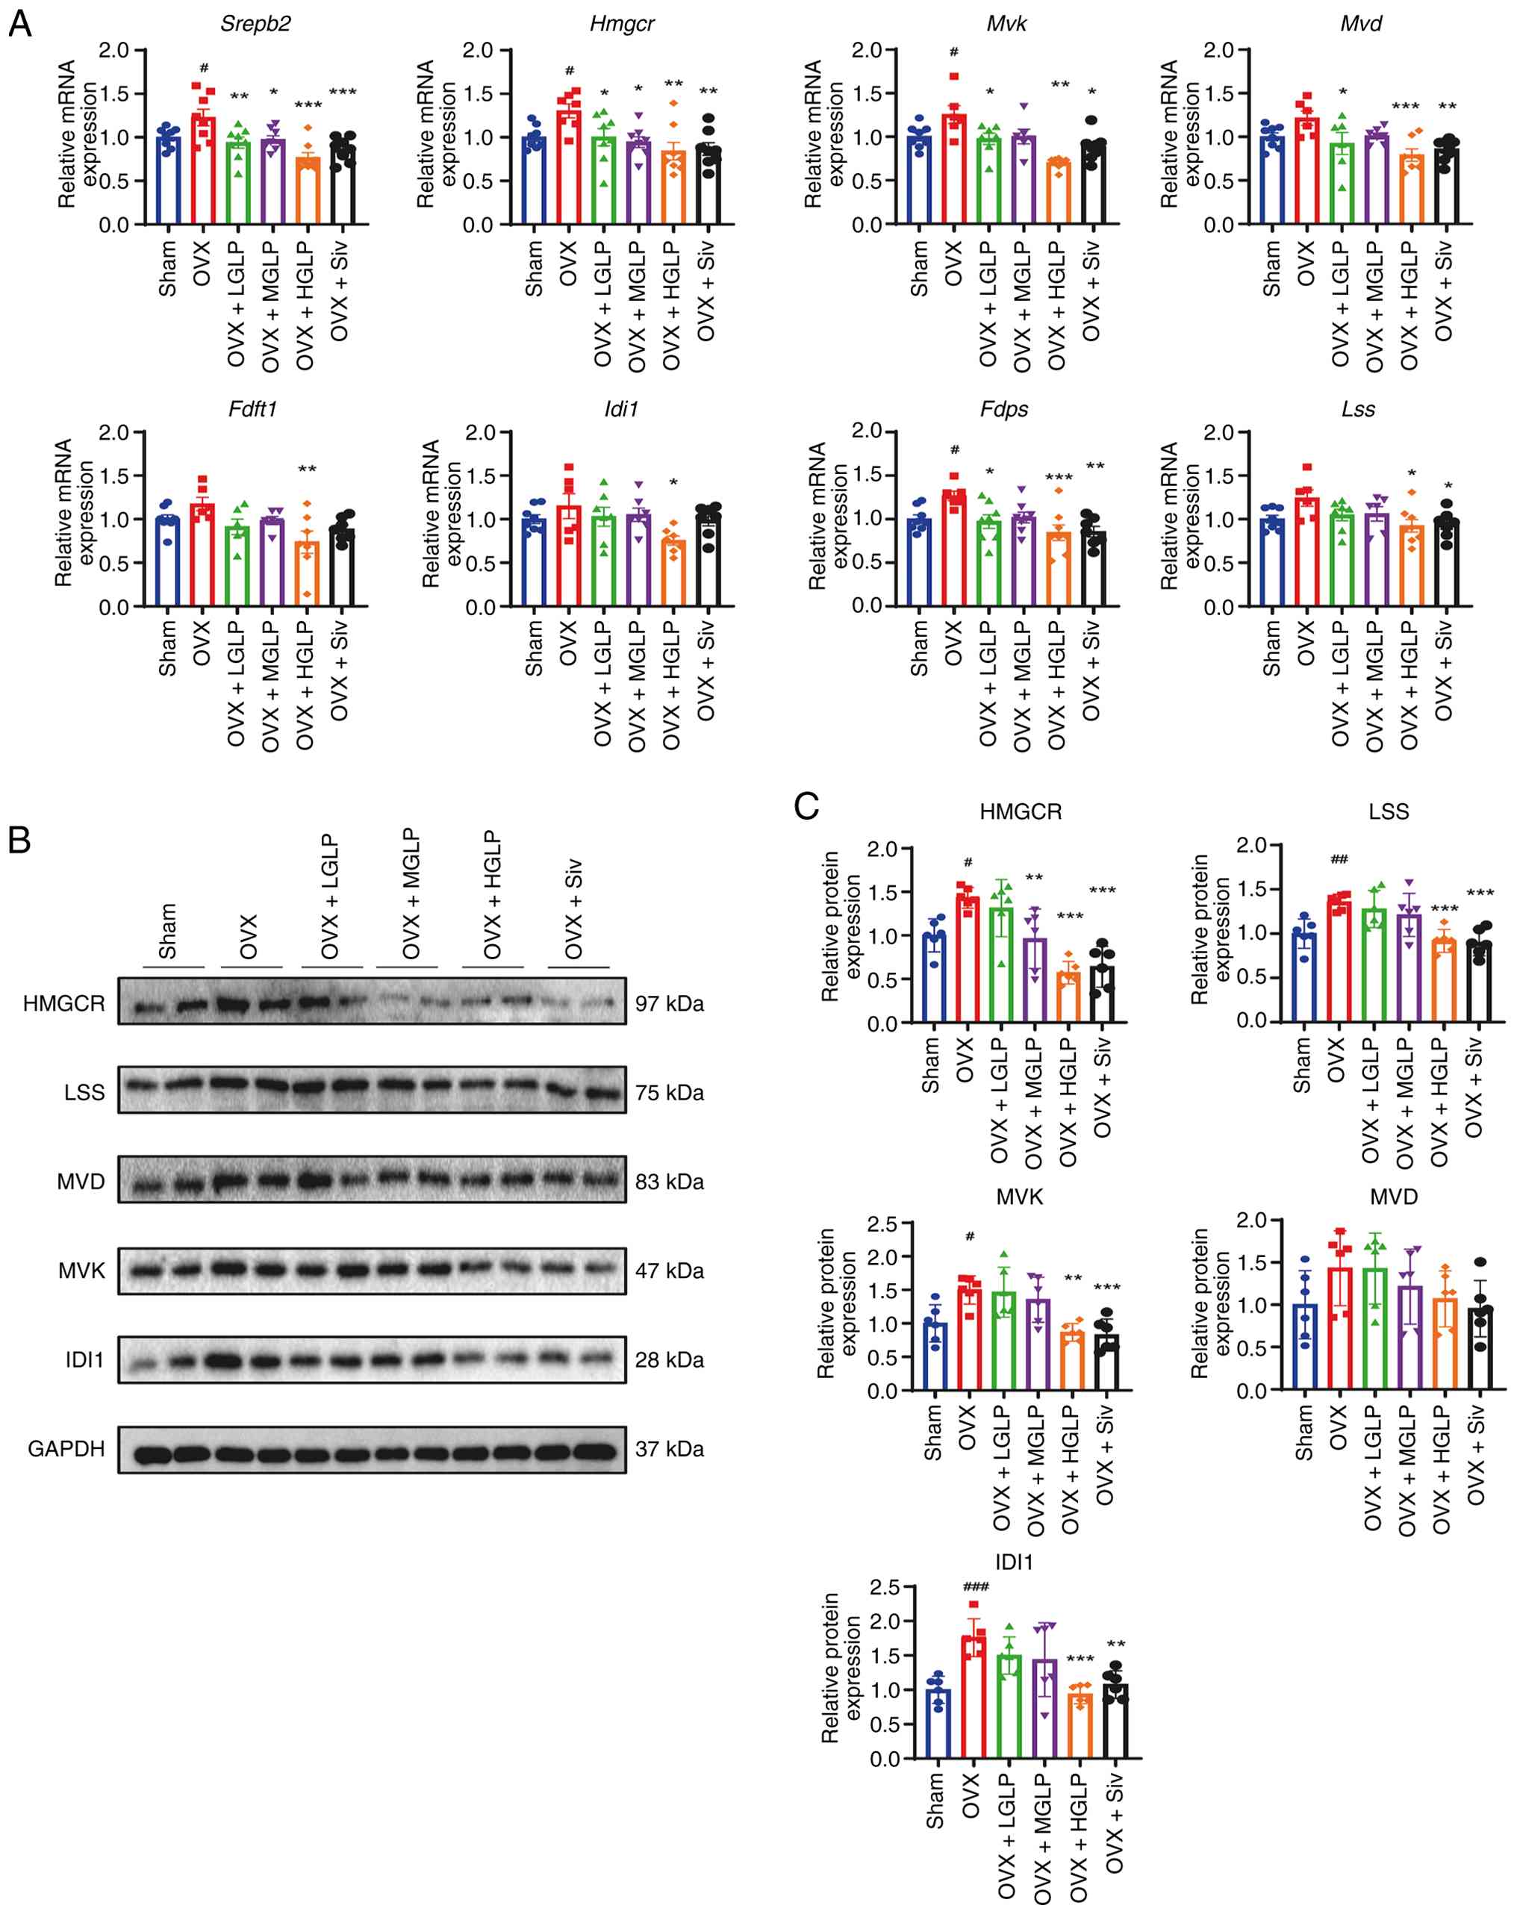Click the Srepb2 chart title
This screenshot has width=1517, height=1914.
(x=255, y=23)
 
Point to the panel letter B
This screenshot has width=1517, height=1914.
(x=19, y=840)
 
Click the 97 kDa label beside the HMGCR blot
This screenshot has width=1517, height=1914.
(x=670, y=1003)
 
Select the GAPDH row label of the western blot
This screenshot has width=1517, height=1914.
(x=66, y=1449)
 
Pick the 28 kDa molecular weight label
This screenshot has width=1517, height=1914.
(x=670, y=1360)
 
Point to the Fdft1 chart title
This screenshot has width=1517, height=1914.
(x=253, y=409)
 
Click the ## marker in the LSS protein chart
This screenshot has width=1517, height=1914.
(x=1339, y=858)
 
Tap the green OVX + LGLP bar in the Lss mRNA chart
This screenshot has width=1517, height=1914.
(x=1342, y=559)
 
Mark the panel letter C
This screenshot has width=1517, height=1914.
(x=806, y=807)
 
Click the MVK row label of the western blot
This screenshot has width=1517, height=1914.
(x=81, y=1271)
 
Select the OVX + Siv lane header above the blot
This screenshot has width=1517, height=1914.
(x=573, y=908)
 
